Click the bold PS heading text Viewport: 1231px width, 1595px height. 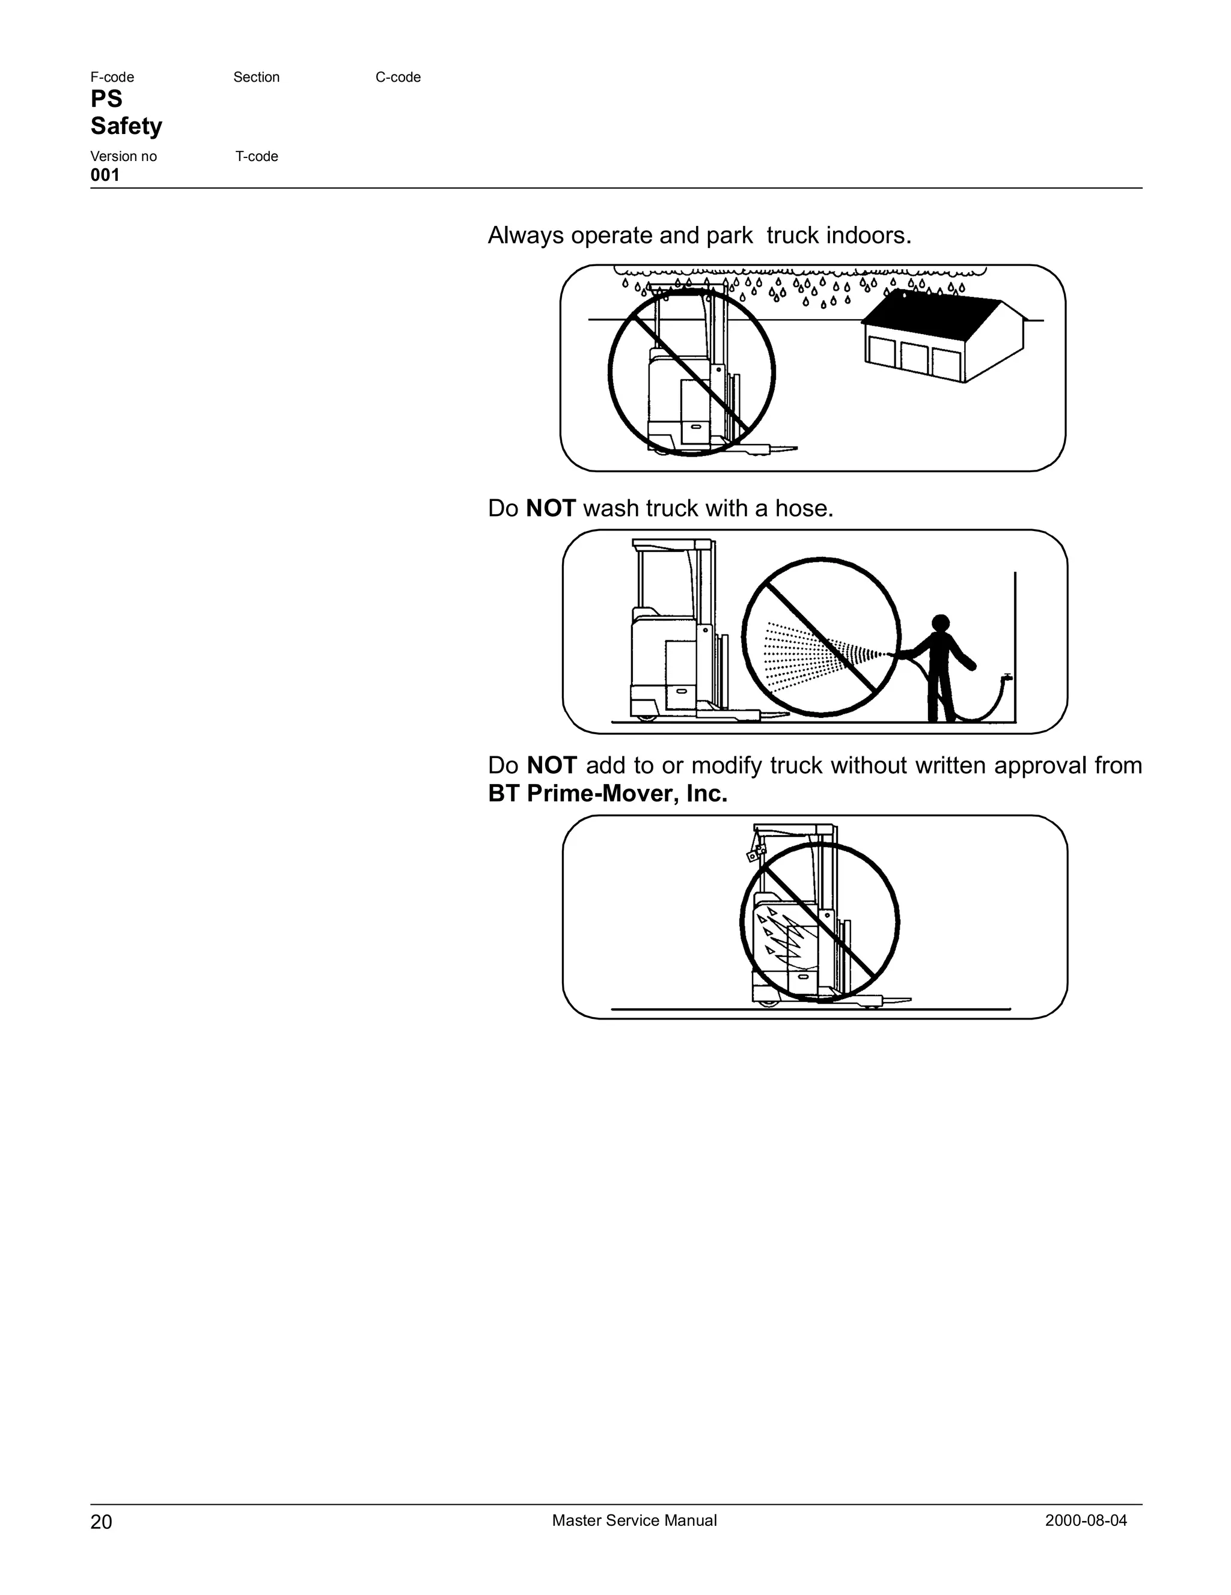click(106, 99)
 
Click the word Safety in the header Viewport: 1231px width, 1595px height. click(126, 126)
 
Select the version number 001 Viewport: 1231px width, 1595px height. click(105, 175)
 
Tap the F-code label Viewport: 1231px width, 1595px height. click(112, 77)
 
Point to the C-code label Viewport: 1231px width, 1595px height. click(397, 77)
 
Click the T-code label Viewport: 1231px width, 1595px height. click(257, 156)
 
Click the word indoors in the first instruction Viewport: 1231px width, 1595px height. click(868, 236)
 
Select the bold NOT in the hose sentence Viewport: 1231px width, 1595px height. click(551, 508)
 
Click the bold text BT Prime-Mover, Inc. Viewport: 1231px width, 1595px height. click(607, 793)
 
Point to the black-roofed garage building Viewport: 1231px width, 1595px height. click(942, 338)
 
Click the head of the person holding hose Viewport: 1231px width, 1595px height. click(941, 623)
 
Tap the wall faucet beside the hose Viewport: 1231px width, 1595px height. click(1007, 678)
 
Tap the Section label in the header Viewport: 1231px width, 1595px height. click(257, 77)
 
